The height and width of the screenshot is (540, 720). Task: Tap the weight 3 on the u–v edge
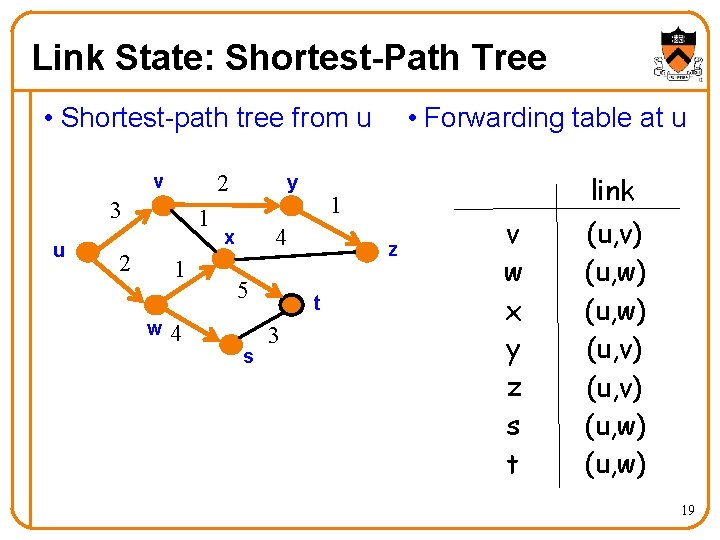coord(116,211)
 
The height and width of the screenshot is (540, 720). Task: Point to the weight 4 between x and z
coord(282,238)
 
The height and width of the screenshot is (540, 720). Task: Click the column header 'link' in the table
coord(612,190)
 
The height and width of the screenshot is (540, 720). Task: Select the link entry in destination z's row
coord(617,388)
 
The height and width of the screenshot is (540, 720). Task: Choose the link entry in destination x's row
coord(617,312)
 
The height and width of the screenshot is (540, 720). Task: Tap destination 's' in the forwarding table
coord(513,427)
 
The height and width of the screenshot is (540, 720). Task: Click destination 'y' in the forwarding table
coord(513,351)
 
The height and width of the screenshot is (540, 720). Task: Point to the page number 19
coord(687,511)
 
